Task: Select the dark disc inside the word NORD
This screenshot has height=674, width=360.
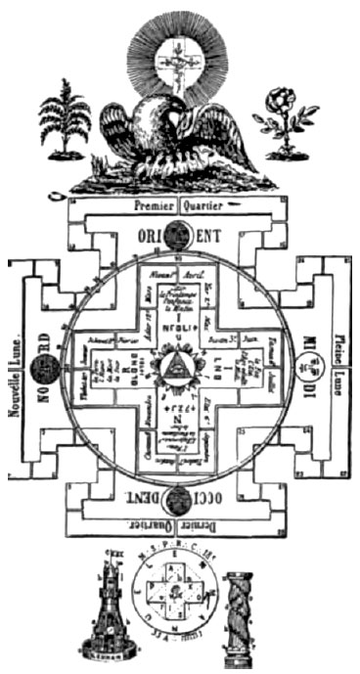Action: [42, 369]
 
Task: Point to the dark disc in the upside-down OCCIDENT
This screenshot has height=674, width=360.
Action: [179, 501]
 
